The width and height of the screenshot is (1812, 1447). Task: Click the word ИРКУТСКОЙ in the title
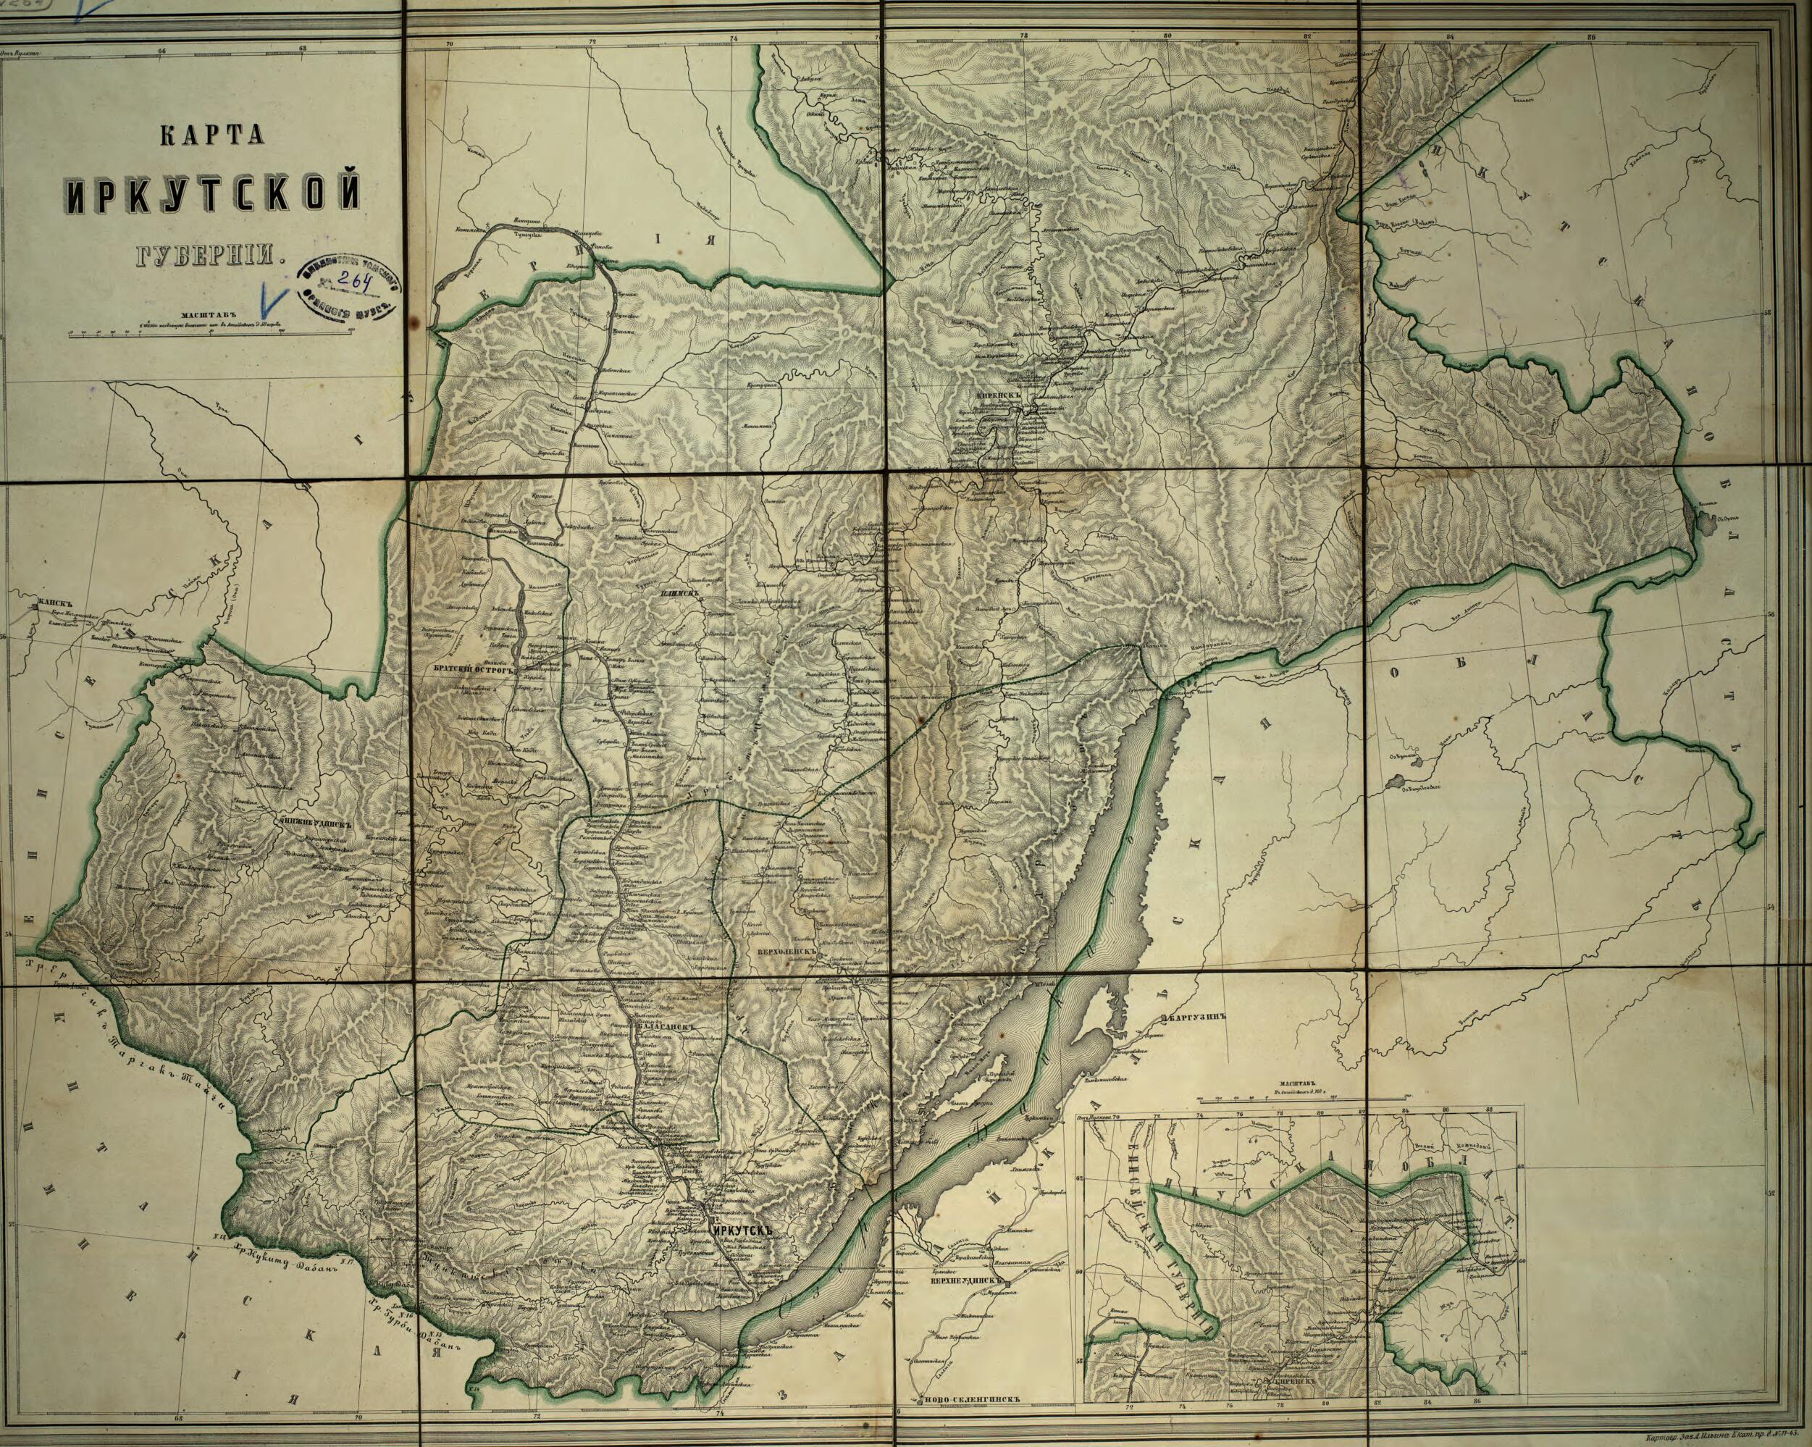(x=214, y=195)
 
